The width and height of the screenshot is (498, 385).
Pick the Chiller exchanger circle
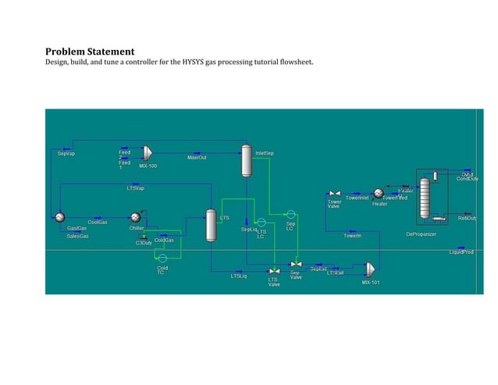pyautogui.click(x=135, y=217)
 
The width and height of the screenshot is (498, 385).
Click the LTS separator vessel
pyautogui.click(x=210, y=224)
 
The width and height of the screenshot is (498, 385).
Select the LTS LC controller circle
pyautogui.click(x=261, y=223)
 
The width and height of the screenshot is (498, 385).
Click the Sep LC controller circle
pyautogui.click(x=290, y=213)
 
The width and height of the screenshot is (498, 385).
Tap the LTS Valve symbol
pyautogui.click(x=274, y=271)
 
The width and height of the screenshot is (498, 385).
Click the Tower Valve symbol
pyautogui.click(x=333, y=193)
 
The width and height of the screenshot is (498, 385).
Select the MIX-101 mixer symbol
pyautogui.click(x=368, y=269)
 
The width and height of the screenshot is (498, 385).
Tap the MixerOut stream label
pyautogui.click(x=197, y=158)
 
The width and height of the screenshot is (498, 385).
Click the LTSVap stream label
pyautogui.click(x=136, y=188)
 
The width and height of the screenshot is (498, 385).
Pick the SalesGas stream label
pyautogui.click(x=77, y=236)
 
